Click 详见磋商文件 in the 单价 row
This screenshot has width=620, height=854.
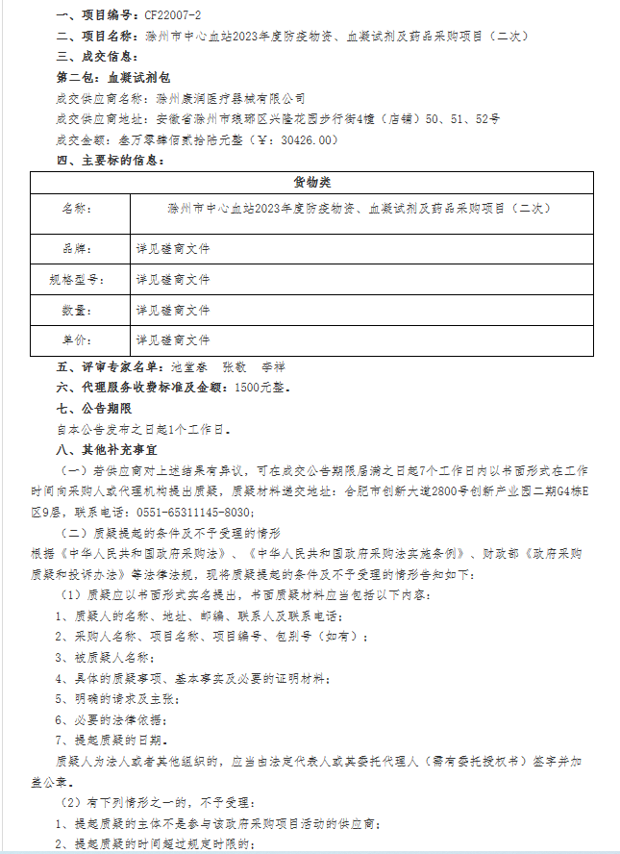pos(173,340)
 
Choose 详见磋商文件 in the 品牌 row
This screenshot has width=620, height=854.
pos(173,248)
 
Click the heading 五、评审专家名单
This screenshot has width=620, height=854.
pos(112,366)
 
